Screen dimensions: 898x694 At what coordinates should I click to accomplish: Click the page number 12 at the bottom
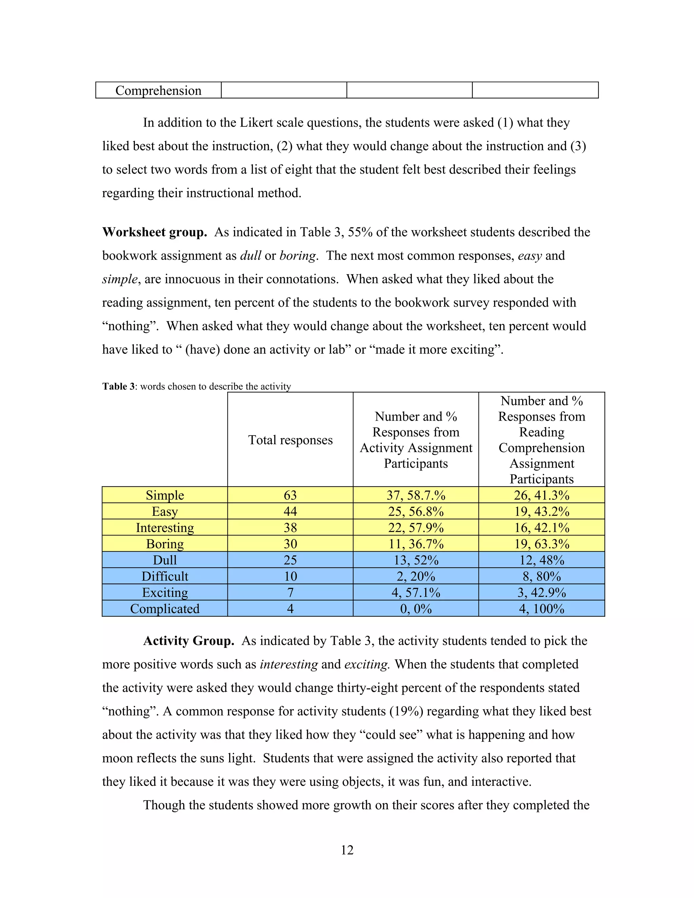[347, 850]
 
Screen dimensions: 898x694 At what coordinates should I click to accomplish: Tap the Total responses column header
[290, 440]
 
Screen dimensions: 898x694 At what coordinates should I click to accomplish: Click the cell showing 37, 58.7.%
[416, 495]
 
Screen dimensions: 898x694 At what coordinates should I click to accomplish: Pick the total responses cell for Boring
[290, 544]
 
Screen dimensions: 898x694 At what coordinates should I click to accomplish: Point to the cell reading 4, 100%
[542, 609]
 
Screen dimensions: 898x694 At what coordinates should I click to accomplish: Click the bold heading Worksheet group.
[155, 232]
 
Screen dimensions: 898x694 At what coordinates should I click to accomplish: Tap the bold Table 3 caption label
[118, 387]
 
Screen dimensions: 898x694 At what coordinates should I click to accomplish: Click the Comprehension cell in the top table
[158, 90]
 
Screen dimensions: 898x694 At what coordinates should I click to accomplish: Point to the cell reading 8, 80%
[542, 576]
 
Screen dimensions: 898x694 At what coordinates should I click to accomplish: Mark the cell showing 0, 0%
[416, 609]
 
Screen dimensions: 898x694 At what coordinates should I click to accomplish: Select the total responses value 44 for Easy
[290, 511]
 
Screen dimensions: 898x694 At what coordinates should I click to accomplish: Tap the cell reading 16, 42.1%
[542, 528]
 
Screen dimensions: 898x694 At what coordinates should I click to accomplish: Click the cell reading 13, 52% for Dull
[416, 560]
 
